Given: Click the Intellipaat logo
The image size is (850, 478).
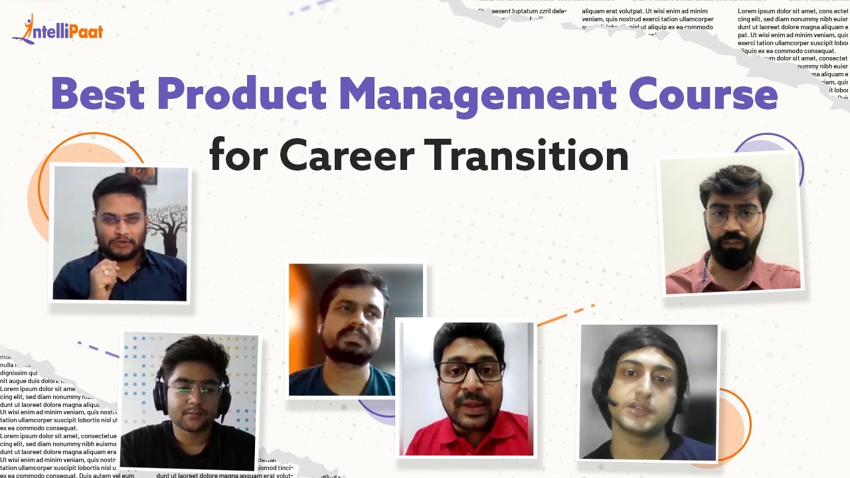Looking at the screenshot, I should click(58, 30).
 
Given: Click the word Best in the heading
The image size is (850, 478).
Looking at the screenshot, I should click(98, 94).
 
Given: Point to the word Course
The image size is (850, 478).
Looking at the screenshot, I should click(703, 94).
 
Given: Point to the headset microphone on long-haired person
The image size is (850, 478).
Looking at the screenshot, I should click(612, 402).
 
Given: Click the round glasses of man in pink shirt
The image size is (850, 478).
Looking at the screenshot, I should click(732, 216).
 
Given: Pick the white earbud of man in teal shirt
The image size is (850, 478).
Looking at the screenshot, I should click(320, 328).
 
